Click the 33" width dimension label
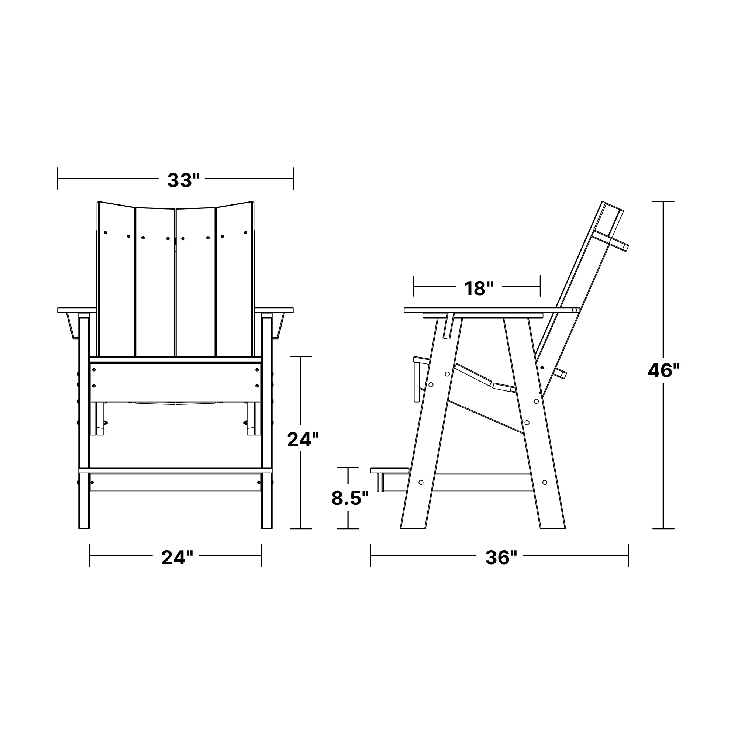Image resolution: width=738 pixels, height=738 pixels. point(183,180)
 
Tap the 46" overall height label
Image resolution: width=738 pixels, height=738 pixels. point(664,370)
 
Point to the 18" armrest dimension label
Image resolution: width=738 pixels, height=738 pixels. point(479,289)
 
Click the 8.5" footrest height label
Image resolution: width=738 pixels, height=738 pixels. point(350,499)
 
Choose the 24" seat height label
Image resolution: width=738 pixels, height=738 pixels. point(303,440)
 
